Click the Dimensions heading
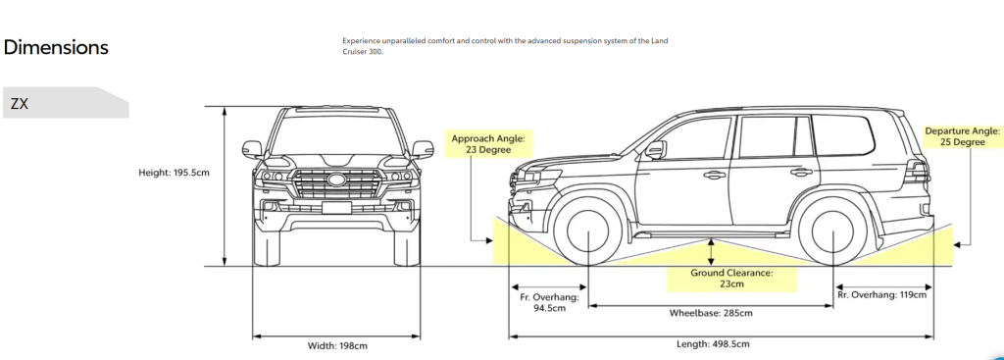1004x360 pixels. pyautogui.click(x=56, y=47)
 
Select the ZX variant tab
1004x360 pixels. pyautogui.click(x=20, y=103)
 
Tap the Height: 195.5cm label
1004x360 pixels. pyautogui.click(x=175, y=173)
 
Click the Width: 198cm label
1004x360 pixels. pyautogui.click(x=335, y=345)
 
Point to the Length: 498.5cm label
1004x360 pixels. pyautogui.click(x=713, y=344)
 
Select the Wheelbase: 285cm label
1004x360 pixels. pyautogui.click(x=711, y=314)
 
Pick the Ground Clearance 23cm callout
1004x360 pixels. pyautogui.click(x=729, y=278)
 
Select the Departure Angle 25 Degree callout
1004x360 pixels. pyautogui.click(x=962, y=136)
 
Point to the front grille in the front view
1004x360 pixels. pyautogui.click(x=336, y=183)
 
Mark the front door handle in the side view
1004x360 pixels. pyautogui.click(x=714, y=175)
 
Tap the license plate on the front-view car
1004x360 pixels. pyautogui.click(x=336, y=207)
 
